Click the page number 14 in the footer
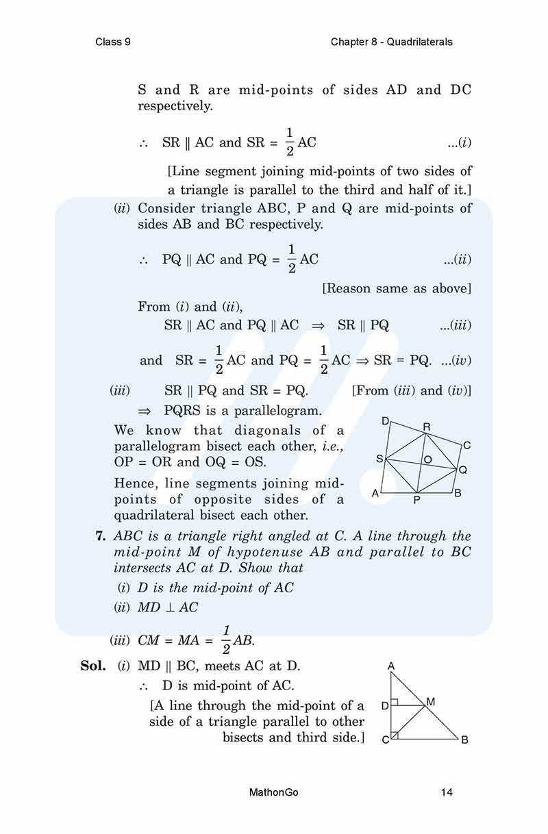[447, 792]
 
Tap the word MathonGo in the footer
[275, 792]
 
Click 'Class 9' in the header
[114, 42]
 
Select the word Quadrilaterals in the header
[419, 42]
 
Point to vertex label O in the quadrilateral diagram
[427, 459]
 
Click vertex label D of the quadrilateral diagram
[385, 420]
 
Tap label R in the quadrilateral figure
[426, 427]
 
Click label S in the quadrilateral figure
[379, 459]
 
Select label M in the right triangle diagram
[431, 702]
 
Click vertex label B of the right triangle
[464, 740]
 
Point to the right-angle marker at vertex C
[395, 735]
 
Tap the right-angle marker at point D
[395, 703]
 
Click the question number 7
[100, 536]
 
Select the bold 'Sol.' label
[92, 665]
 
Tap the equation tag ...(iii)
[456, 326]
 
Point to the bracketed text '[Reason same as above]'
[397, 288]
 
